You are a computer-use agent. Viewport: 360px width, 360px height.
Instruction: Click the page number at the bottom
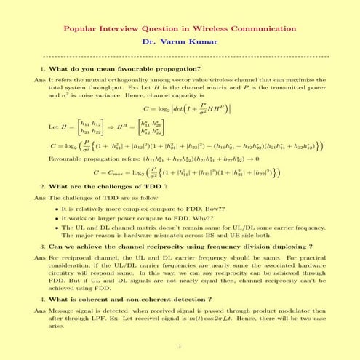tap(180, 347)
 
